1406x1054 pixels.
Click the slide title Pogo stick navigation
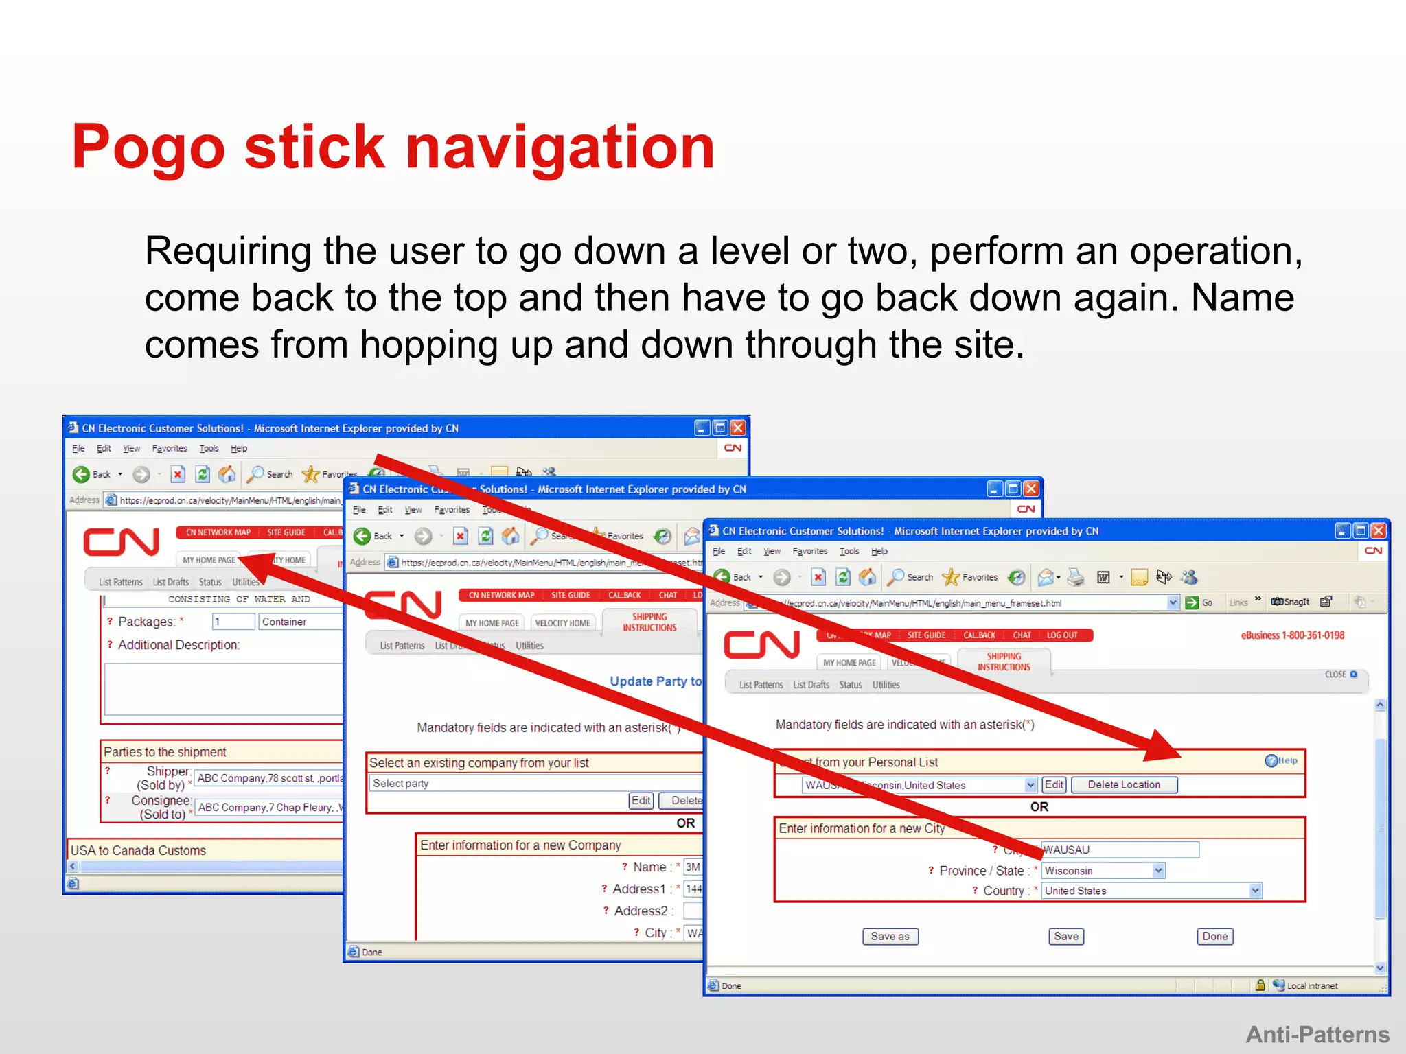coord(393,147)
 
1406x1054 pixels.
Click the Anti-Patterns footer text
coord(1317,1034)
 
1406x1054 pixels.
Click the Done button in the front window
coord(1214,936)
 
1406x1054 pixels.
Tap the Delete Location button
coord(1123,784)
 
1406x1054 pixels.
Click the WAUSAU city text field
coord(1119,850)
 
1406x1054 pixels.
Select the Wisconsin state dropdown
coord(1103,870)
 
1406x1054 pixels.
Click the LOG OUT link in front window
coord(1061,635)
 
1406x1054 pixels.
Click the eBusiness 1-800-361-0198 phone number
coord(1292,635)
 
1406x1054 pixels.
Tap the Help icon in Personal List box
coord(1280,760)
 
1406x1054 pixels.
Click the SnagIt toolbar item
coord(1290,602)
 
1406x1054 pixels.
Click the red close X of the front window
coord(1377,530)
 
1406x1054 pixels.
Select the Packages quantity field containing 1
coord(232,622)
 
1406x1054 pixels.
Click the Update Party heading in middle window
coord(655,681)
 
